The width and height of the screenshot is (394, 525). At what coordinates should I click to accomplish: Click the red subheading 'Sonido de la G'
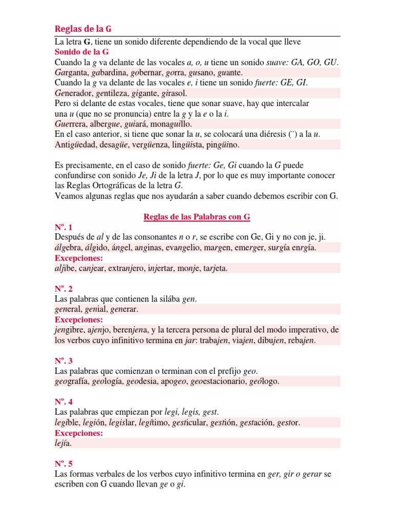point(81,51)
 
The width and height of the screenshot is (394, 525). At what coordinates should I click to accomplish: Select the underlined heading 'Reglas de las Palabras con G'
point(196,216)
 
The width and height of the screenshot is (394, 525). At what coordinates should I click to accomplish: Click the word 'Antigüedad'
point(75,145)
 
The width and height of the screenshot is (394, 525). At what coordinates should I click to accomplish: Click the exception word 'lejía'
point(63,443)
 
